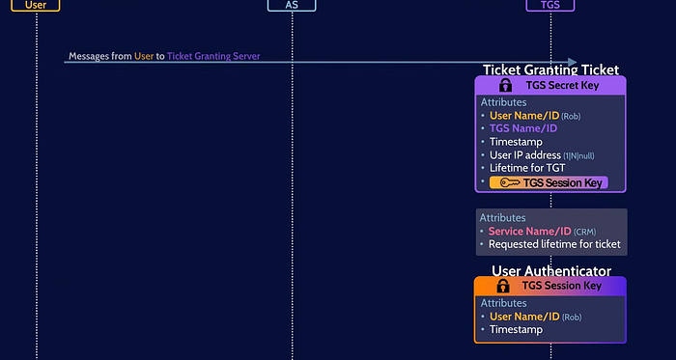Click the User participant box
36,5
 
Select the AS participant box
292,5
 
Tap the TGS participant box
550,5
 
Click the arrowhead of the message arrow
573,63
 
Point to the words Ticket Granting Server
213,56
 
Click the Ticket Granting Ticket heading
550,69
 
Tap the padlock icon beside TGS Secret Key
505,85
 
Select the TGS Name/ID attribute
523,128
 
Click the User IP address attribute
542,155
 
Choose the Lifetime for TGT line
527,168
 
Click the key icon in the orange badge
510,183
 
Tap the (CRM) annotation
585,232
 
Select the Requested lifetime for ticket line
554,244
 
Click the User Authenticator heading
551,271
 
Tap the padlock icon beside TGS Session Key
503,286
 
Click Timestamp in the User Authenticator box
516,330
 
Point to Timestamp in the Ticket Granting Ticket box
516,142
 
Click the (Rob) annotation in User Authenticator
572,318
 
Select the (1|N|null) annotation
578,156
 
